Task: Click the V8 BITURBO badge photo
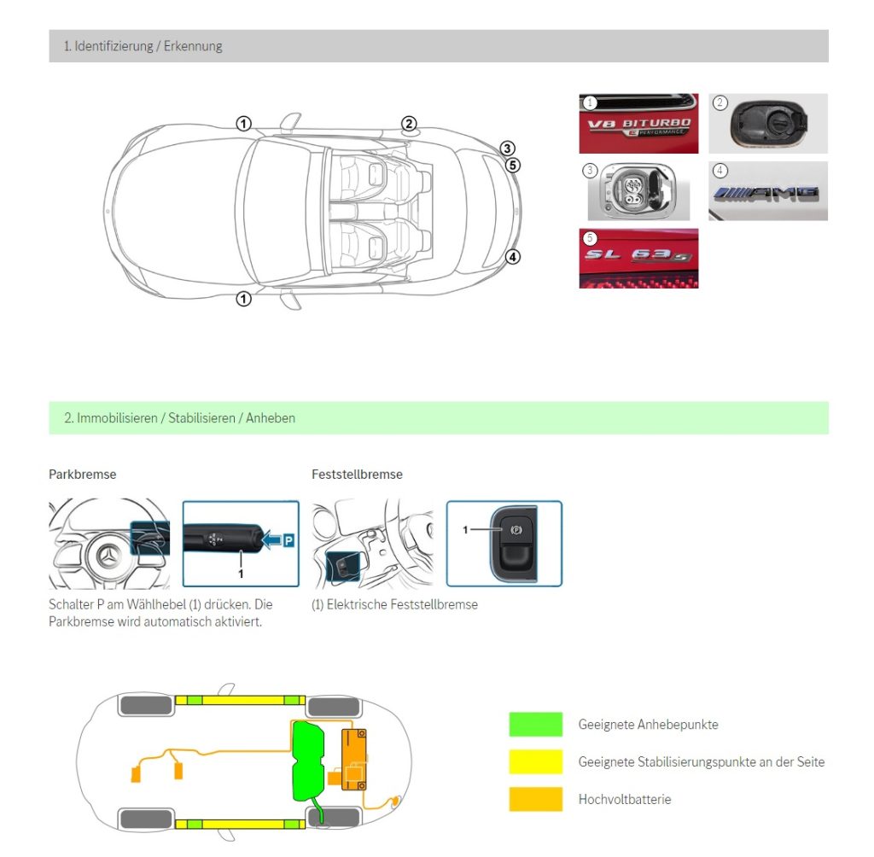[638, 124]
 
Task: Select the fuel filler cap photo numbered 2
[767, 124]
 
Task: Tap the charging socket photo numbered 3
[638, 191]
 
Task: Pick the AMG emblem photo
[767, 191]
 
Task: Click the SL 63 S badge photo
[638, 258]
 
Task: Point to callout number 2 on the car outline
[409, 124]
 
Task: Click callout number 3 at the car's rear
[508, 149]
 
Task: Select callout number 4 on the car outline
[512, 256]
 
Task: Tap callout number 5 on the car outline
[512, 165]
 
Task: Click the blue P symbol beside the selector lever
[288, 540]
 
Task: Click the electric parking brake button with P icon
[516, 529]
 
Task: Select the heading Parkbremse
[83, 474]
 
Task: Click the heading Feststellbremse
[357, 474]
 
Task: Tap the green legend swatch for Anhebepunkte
[535, 725]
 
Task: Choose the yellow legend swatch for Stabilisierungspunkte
[535, 761]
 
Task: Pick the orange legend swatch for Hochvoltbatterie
[535, 799]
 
